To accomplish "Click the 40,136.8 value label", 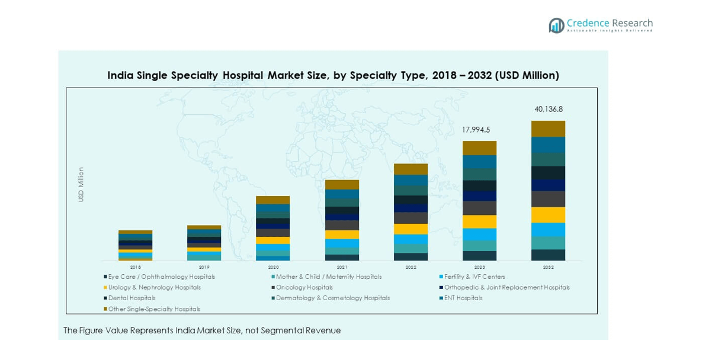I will (548, 110).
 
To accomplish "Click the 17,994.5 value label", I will (479, 130).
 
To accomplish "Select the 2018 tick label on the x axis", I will (135, 267).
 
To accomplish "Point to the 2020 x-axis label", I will (272, 267).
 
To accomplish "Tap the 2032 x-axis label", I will (548, 267).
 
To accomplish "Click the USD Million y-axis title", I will (81, 185).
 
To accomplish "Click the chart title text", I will (333, 76).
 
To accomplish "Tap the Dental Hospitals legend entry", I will (132, 298).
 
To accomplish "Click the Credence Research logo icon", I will (556, 25).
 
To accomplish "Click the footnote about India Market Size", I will (202, 330).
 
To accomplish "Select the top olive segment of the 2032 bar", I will (548, 129).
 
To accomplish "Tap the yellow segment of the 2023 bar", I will (479, 221).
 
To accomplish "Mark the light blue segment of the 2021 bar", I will (342, 243).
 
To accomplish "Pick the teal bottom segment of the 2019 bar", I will (204, 256).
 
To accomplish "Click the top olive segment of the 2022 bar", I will (411, 169).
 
